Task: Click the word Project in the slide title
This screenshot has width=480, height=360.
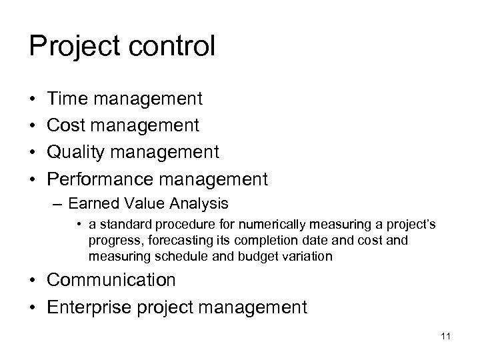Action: tap(71, 47)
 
